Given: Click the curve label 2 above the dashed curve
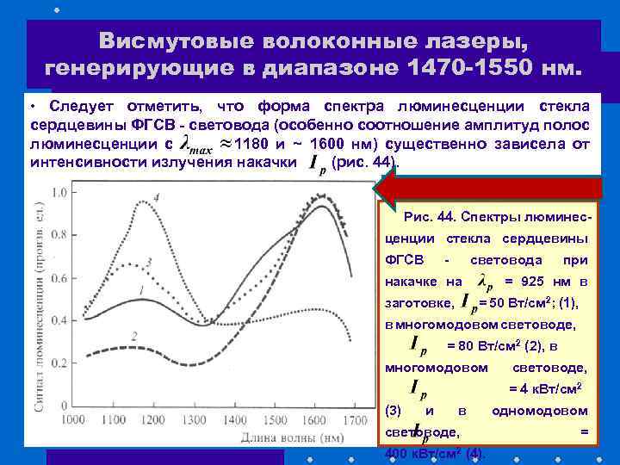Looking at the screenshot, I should click(134, 334).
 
